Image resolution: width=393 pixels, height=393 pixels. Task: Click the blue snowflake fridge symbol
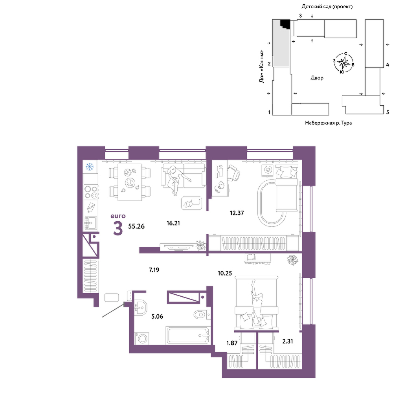pos(90,166)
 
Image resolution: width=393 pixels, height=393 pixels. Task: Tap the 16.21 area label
pos(173,223)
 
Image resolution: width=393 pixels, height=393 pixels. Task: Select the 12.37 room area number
pos(237,213)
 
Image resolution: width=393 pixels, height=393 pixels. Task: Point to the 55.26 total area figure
pos(136,226)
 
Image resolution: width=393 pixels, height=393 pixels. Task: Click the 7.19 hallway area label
pos(154,270)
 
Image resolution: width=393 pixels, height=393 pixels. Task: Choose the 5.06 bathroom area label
pos(157,316)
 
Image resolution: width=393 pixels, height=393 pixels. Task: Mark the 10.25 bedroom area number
pos(225,273)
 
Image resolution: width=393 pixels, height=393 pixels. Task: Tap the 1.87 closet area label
pos(232,343)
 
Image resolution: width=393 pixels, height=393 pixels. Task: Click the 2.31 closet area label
pos(288,341)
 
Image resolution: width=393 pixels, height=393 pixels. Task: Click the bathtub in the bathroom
pos(188,335)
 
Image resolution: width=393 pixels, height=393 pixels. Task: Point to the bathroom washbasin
pos(141,307)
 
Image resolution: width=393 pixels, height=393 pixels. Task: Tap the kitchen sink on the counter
pos(90,223)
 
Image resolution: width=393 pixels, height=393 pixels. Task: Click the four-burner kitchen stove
pos(91,192)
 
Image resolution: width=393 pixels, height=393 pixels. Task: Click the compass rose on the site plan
pos(343,62)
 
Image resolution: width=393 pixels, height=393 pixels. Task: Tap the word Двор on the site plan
pos(317,78)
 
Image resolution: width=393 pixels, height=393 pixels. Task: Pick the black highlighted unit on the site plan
pos(285,24)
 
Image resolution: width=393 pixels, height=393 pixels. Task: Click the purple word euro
pos(118,216)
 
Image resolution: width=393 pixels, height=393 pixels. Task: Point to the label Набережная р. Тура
pos(328,123)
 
